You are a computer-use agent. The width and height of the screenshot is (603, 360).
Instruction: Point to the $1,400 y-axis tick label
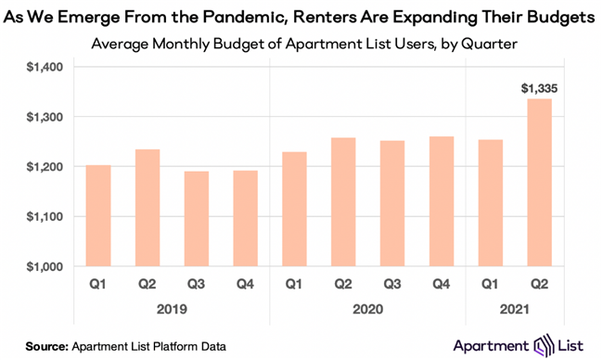point(39,67)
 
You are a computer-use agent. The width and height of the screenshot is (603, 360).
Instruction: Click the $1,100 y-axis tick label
point(39,217)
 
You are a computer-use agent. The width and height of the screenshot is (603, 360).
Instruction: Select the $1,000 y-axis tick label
point(39,267)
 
